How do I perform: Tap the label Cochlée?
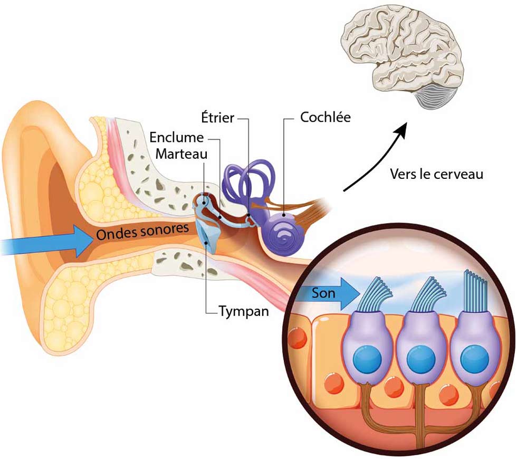click(325, 117)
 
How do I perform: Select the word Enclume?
click(176, 138)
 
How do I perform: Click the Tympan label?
click(244, 311)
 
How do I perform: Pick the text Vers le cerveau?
click(436, 174)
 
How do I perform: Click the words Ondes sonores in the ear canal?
click(142, 231)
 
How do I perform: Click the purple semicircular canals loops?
click(248, 182)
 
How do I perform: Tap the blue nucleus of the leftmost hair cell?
click(367, 359)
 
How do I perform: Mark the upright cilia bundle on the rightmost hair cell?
click(476, 290)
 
